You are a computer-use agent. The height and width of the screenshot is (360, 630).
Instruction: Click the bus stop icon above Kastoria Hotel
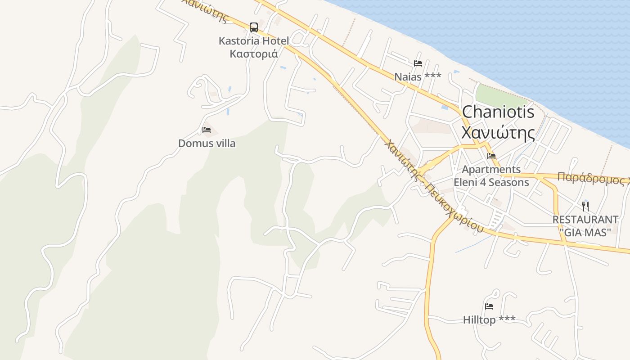pyautogui.click(x=254, y=27)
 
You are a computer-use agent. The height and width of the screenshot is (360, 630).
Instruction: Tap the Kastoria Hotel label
pyautogui.click(x=253, y=41)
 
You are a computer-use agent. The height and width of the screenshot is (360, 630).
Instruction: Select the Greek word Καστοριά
pyautogui.click(x=253, y=54)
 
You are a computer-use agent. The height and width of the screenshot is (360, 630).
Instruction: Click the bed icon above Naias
pyautogui.click(x=418, y=63)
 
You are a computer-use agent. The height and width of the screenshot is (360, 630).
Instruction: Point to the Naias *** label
pyautogui.click(x=418, y=77)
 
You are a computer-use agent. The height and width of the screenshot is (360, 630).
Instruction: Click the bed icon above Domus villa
pyautogui.click(x=207, y=130)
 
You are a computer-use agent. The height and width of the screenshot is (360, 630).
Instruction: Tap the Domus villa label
pyautogui.click(x=207, y=144)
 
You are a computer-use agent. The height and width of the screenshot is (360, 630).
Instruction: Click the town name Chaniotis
pyautogui.click(x=498, y=112)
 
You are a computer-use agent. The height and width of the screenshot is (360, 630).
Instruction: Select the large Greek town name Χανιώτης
pyautogui.click(x=498, y=133)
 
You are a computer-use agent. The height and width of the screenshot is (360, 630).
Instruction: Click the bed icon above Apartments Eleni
pyautogui.click(x=491, y=156)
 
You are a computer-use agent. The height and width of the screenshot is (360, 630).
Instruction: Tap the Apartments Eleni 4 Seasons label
pyautogui.click(x=491, y=176)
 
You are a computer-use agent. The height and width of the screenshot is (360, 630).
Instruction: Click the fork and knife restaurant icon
pyautogui.click(x=585, y=207)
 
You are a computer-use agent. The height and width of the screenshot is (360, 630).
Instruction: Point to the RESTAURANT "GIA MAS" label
pyautogui.click(x=585, y=226)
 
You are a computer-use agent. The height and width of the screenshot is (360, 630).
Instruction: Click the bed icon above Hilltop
pyautogui.click(x=489, y=306)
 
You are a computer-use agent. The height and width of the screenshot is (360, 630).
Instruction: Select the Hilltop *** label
pyautogui.click(x=489, y=320)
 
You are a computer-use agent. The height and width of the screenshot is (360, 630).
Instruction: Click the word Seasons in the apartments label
pyautogui.click(x=508, y=182)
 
